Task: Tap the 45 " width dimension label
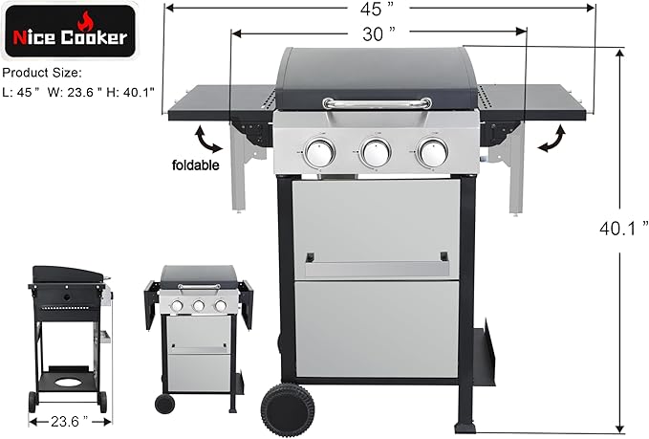(x=377, y=11)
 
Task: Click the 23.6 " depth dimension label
(x=64, y=420)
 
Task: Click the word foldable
(x=196, y=165)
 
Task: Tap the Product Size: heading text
(x=41, y=73)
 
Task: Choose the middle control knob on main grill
(x=375, y=151)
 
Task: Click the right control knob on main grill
(x=432, y=151)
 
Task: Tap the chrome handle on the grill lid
(x=374, y=102)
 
